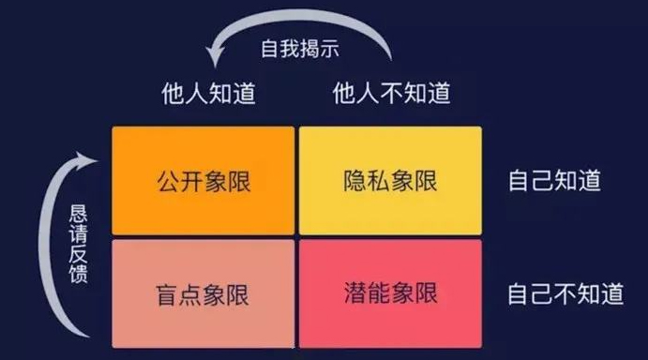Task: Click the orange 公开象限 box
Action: (x=203, y=181)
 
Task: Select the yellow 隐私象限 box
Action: (x=390, y=181)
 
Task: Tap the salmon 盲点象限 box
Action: (x=203, y=293)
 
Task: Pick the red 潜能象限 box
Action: (x=390, y=293)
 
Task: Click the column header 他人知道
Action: (x=209, y=93)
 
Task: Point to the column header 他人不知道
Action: (x=392, y=93)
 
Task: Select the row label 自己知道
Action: (x=554, y=180)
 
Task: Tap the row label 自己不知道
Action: (x=565, y=293)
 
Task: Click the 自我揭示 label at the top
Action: (x=300, y=49)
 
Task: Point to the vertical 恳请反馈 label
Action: (x=78, y=244)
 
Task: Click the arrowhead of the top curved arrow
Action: (x=214, y=56)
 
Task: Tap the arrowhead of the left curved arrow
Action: (x=86, y=160)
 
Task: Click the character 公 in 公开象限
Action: (x=168, y=181)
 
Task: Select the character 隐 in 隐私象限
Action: (x=355, y=181)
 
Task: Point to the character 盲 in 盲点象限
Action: (x=167, y=294)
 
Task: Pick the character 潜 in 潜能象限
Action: (x=355, y=293)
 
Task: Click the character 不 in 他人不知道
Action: (x=392, y=93)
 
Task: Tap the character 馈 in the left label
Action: (x=79, y=274)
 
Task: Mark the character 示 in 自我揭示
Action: (x=329, y=49)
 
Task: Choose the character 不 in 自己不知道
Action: (x=565, y=293)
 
